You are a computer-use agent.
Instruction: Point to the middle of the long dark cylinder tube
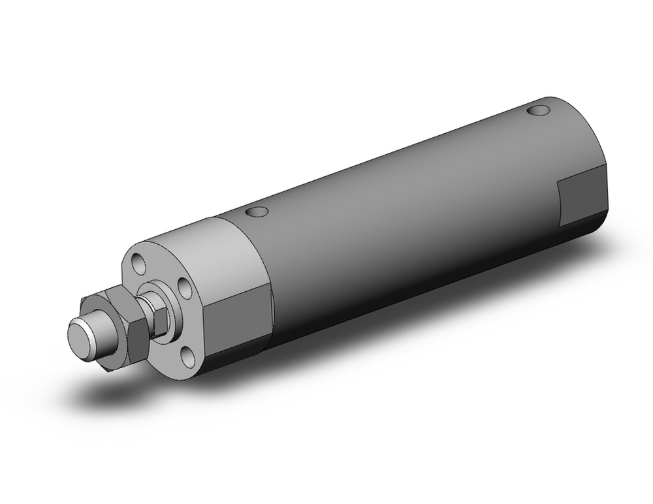[405, 215]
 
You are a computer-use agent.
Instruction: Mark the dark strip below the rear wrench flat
[581, 228]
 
